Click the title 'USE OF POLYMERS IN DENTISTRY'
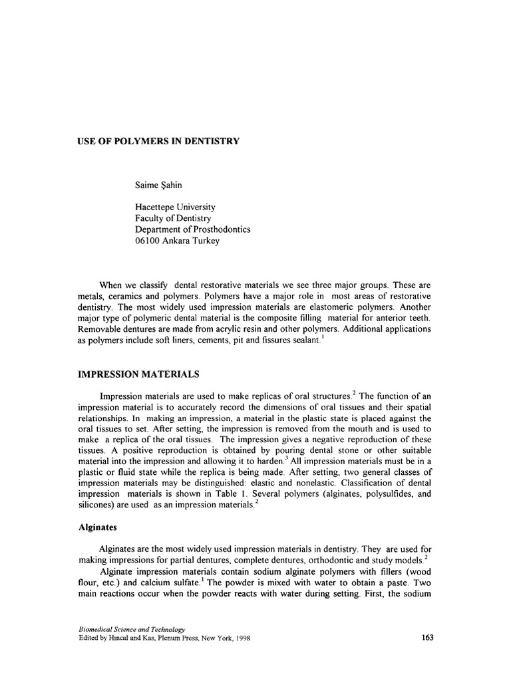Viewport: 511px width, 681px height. (159, 141)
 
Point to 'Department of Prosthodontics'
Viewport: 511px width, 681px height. (192, 229)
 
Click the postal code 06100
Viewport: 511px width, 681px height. (148, 241)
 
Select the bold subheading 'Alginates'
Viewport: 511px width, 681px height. (98, 526)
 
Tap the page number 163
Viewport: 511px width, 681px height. (428, 638)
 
